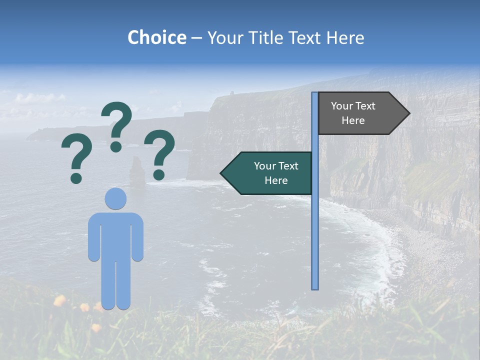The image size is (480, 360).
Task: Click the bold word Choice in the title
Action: [156, 37]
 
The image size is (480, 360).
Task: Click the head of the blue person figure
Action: [115, 198]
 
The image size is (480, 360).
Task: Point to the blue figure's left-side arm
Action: [93, 237]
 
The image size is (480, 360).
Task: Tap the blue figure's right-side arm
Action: [138, 237]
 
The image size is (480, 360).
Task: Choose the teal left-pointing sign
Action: [270, 173]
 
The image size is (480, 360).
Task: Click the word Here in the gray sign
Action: [353, 120]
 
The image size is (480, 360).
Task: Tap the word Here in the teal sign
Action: [276, 180]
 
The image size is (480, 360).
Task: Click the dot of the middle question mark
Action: [116, 146]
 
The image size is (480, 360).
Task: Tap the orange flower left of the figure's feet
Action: [59, 300]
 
